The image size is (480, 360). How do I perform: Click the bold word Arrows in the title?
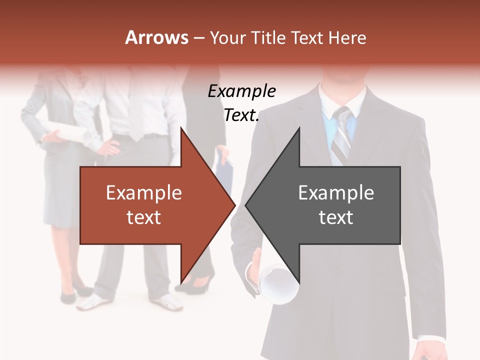[157, 37]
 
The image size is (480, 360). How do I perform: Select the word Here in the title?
[347, 38]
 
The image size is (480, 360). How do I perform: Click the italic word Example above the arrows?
[241, 91]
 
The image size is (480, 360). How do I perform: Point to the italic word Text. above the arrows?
[241, 115]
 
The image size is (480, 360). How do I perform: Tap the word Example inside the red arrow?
[143, 193]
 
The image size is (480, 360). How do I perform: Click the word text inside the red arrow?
[143, 217]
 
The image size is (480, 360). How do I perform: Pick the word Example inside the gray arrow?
[336, 193]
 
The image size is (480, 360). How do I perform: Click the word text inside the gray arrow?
[336, 217]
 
